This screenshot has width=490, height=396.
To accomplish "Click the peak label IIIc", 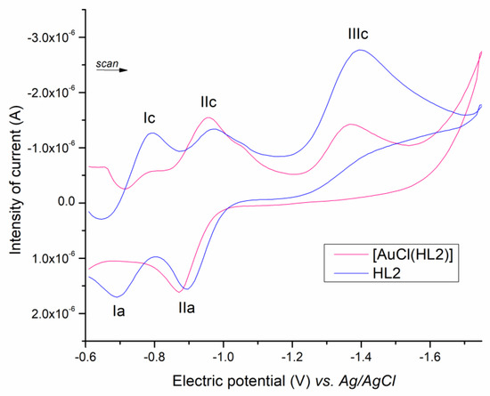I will tap(358, 35).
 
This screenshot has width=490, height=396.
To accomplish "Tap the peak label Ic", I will tap(150, 117).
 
